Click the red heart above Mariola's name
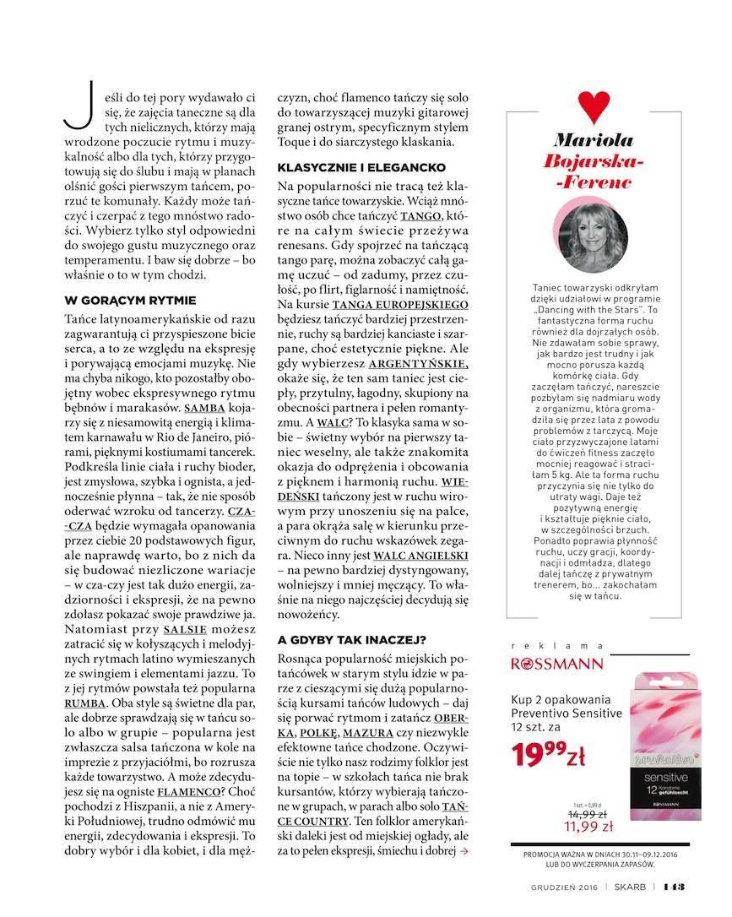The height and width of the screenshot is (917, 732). (594, 106)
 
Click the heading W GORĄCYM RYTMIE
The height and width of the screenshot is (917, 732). (130, 300)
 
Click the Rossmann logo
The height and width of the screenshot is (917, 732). (558, 663)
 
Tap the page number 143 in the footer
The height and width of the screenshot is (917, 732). (673, 886)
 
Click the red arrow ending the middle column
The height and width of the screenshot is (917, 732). (464, 852)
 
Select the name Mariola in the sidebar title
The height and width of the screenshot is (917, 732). (594, 140)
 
